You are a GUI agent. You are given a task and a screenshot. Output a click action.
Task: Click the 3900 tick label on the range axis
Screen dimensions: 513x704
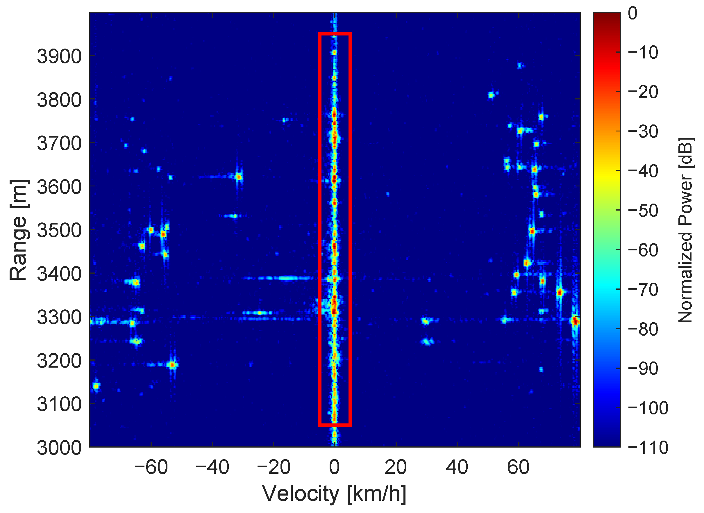[59, 56]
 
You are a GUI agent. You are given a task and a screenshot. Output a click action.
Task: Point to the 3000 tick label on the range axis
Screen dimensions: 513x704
[59, 448]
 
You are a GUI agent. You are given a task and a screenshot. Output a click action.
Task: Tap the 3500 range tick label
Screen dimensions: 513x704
[59, 230]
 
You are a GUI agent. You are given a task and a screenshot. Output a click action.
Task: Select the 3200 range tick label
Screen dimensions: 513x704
[59, 361]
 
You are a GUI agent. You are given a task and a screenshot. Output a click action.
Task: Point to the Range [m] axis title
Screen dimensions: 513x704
[19, 230]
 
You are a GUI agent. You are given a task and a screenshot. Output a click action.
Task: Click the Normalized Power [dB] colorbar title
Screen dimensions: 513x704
[685, 230]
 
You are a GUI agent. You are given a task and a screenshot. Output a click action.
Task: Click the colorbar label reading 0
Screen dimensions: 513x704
[632, 13]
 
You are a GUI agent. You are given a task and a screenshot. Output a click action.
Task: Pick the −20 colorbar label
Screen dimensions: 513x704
[643, 92]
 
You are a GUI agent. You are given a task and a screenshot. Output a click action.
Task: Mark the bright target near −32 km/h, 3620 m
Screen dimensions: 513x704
[239, 177]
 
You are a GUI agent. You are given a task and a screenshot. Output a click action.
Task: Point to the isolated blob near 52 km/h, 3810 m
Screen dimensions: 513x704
[491, 95]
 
